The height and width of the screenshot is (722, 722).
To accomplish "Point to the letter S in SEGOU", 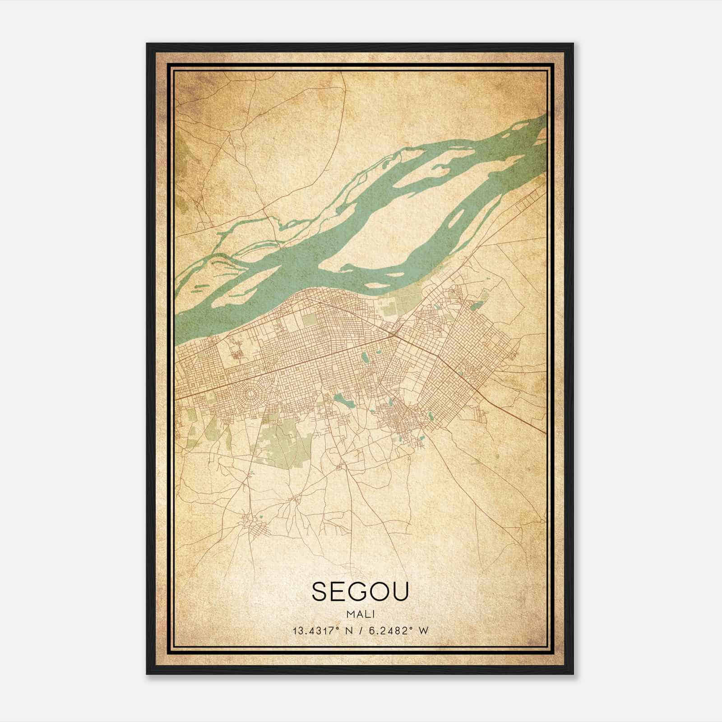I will pos(319,591).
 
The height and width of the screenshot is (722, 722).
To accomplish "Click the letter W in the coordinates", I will pos(422,631).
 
